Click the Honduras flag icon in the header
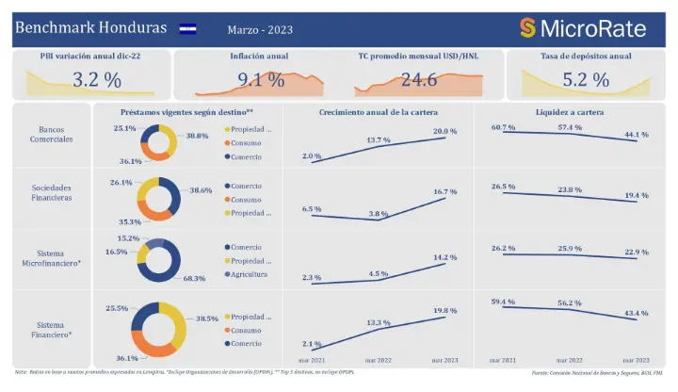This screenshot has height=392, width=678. coord(187,28)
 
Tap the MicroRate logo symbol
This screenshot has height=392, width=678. coord(528,28)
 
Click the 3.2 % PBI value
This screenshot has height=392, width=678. coord(97,80)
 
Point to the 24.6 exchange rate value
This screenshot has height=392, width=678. coord(419,80)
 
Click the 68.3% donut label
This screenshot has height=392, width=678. coord(194,279)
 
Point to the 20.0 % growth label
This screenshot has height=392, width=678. coord(444,131)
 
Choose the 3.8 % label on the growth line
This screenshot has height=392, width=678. coord(379,213)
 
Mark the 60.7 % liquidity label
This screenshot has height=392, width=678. coord(503,126)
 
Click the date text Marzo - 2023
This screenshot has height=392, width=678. coord(260,29)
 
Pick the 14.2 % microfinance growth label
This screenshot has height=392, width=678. coord(444,256)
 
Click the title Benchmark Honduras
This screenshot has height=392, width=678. coord(90,27)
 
